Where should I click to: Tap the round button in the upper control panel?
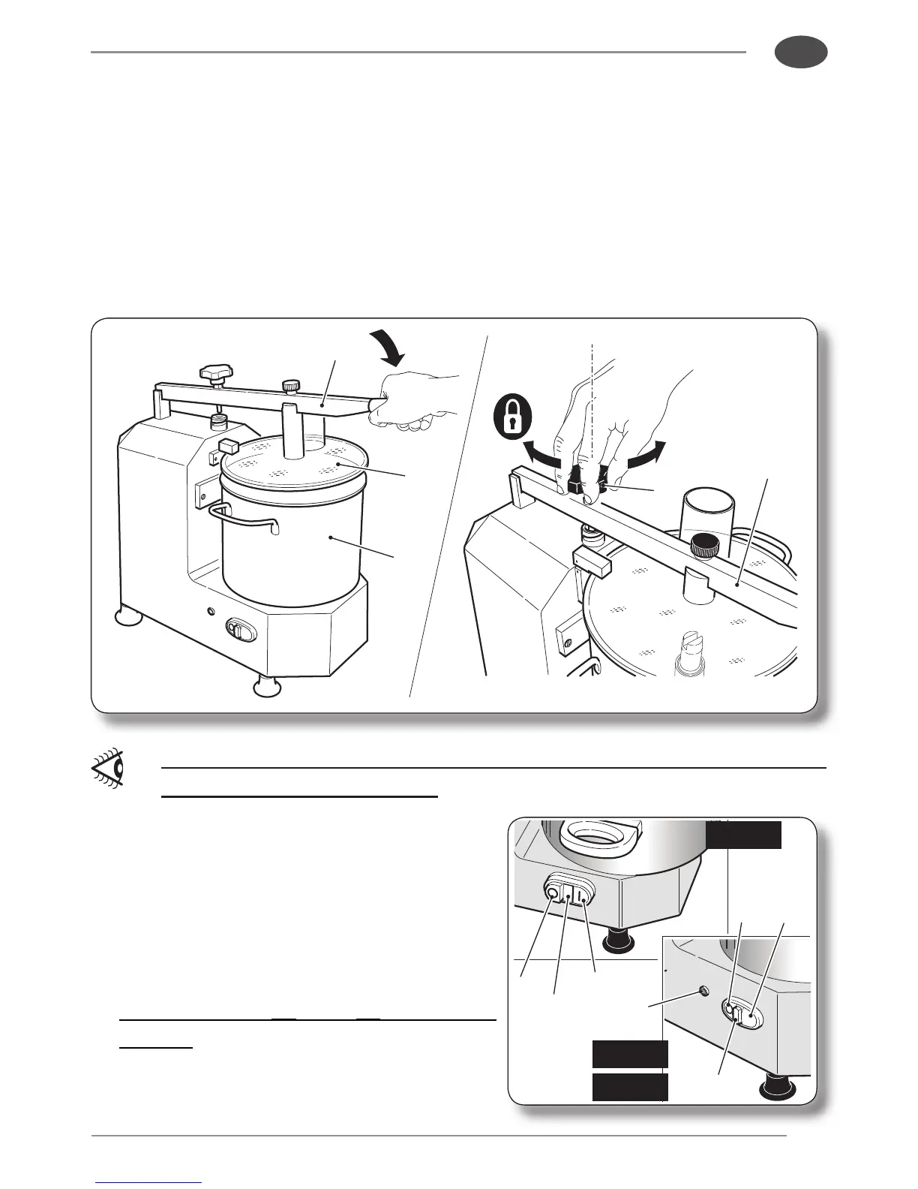pos(554,893)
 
